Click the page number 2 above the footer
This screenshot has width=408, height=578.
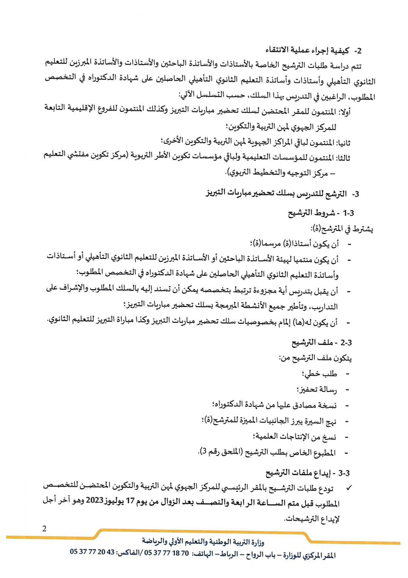[x=44, y=529]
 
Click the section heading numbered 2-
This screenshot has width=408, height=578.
[x=358, y=51]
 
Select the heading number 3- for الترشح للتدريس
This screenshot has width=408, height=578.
[x=355, y=194]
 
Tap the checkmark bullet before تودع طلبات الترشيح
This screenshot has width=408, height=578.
[x=349, y=488]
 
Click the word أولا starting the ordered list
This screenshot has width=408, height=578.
[x=344, y=112]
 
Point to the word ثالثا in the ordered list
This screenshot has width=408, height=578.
[x=344, y=157]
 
